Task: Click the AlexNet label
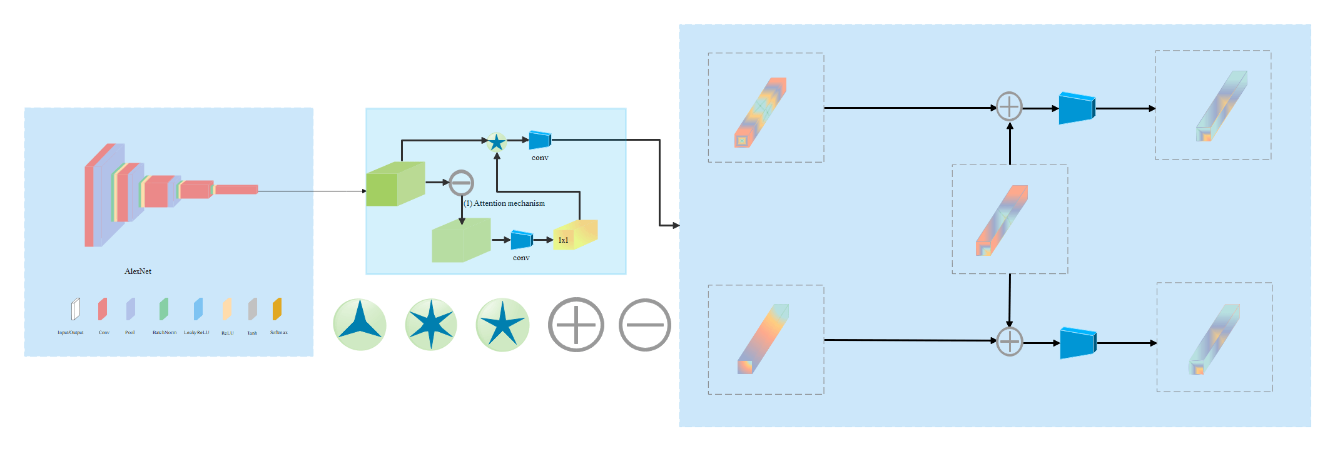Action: pyautogui.click(x=138, y=271)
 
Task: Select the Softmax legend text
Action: pyautogui.click(x=278, y=333)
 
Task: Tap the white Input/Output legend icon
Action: pyautogui.click(x=75, y=309)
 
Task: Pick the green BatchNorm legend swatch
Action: pyautogui.click(x=164, y=309)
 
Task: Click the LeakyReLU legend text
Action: pyautogui.click(x=196, y=333)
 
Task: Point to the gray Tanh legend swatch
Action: pyautogui.click(x=252, y=309)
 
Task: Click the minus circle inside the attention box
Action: pyautogui.click(x=461, y=183)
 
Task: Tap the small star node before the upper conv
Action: pyautogui.click(x=496, y=143)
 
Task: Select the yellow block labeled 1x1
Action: pyautogui.click(x=574, y=235)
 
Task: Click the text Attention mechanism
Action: pyautogui.click(x=509, y=203)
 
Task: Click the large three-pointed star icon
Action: pyautogui.click(x=360, y=325)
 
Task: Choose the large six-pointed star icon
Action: pyautogui.click(x=431, y=325)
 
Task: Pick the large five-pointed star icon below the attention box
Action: pyautogui.click(x=502, y=325)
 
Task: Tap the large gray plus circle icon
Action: pyautogui.click(x=576, y=325)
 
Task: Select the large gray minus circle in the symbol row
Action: pyautogui.click(x=644, y=325)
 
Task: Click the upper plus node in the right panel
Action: pyautogui.click(x=1009, y=107)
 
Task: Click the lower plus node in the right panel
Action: pyautogui.click(x=1009, y=342)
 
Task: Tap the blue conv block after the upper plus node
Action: pyautogui.click(x=1077, y=108)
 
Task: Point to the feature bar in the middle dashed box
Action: pyautogui.click(x=1002, y=220)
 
